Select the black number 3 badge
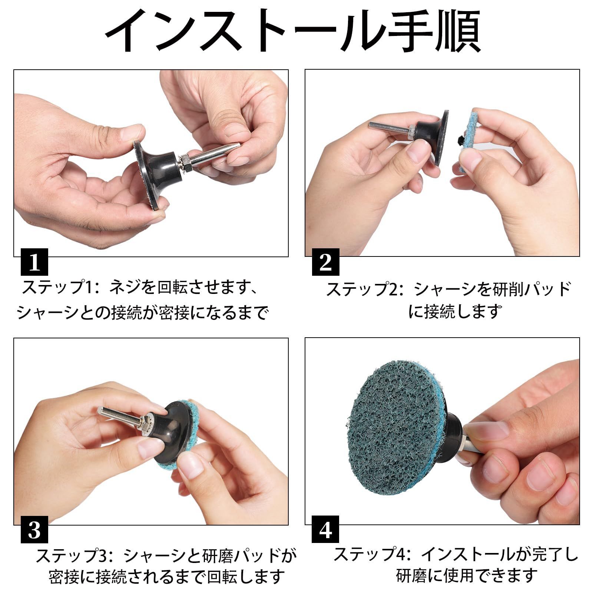click(34, 530)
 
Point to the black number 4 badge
click(325, 530)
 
